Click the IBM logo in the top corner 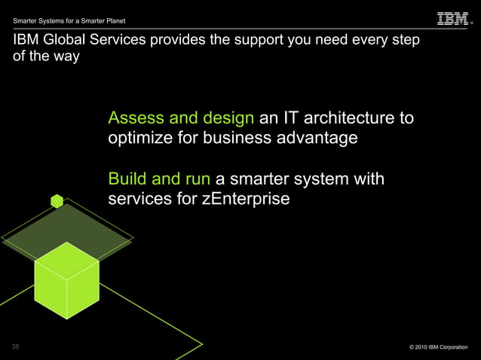pyautogui.click(x=452, y=19)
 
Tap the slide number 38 pyautogui.click(x=16, y=346)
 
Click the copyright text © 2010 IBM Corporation pyautogui.click(x=438, y=347)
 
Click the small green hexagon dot pyautogui.click(x=57, y=200)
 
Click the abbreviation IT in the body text pyautogui.click(x=290, y=118)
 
